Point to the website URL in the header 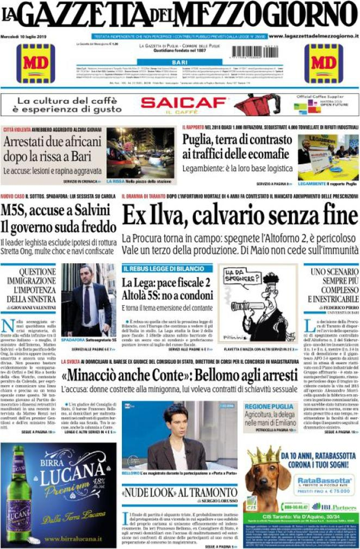[314, 36]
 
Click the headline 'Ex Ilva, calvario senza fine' [240, 216]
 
